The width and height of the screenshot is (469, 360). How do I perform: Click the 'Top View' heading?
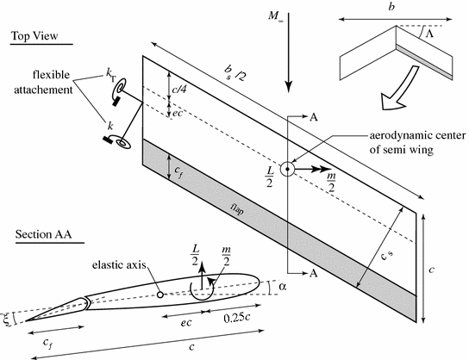pos(40,35)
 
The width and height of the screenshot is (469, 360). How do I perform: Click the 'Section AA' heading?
pos(43,236)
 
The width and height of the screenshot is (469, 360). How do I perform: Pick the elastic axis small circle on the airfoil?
pos(161,294)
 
